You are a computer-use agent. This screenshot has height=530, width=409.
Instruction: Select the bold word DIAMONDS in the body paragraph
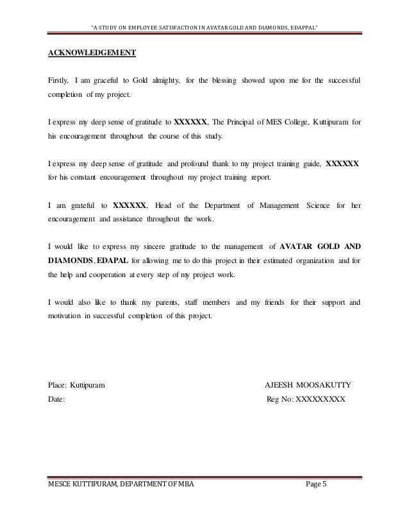click(x=70, y=262)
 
